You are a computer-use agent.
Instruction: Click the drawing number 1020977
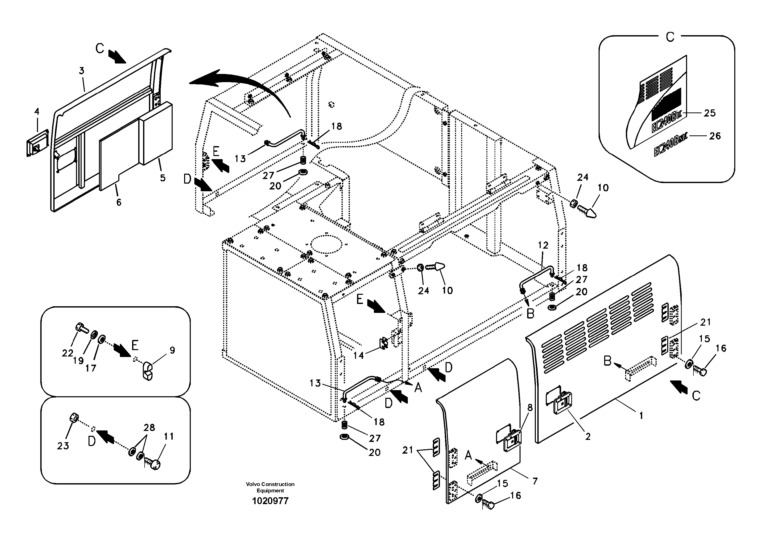(270, 501)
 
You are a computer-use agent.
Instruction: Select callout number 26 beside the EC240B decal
(715, 136)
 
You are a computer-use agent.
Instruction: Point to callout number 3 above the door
(81, 71)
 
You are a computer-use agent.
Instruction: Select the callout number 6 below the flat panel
(119, 202)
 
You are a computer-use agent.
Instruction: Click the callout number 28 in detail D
(149, 427)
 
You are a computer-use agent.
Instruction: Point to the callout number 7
(535, 481)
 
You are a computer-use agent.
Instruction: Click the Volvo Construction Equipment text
(270, 487)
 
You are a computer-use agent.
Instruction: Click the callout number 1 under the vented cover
(641, 415)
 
